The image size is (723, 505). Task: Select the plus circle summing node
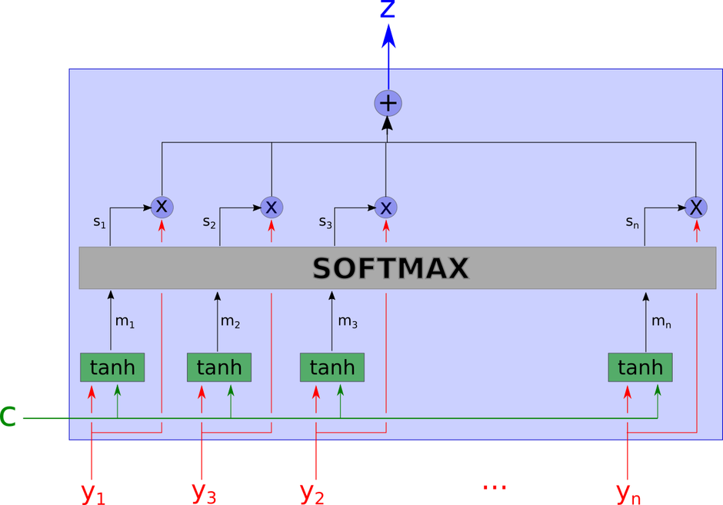(x=388, y=103)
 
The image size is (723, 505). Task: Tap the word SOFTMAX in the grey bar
(x=391, y=268)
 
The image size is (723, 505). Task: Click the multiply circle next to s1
(x=162, y=206)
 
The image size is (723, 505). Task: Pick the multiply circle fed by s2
(x=272, y=207)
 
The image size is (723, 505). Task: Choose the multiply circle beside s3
(x=386, y=207)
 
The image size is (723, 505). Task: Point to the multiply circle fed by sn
(x=696, y=207)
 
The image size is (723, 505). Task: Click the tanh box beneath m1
(x=112, y=367)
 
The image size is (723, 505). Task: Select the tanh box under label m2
(x=219, y=367)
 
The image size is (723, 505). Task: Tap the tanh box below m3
(x=332, y=367)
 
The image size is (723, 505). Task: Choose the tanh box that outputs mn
(x=640, y=367)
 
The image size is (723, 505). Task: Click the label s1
(x=99, y=222)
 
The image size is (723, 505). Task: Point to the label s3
(x=325, y=222)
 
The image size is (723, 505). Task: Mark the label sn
(x=632, y=222)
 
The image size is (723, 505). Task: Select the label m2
(x=231, y=322)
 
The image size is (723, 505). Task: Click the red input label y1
(x=93, y=492)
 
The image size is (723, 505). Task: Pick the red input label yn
(x=628, y=492)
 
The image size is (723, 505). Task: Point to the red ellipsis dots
(x=494, y=487)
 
